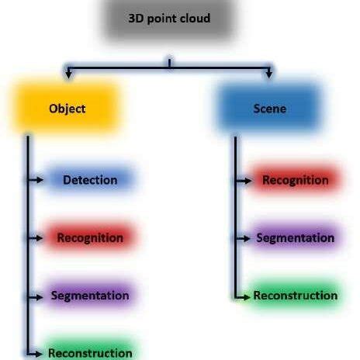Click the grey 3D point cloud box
(169, 19)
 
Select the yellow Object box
(67, 109)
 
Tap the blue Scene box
(269, 108)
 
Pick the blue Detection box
(90, 180)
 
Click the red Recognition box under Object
(90, 237)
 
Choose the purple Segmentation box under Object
(90, 296)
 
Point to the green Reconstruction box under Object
(90, 352)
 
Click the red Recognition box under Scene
(295, 180)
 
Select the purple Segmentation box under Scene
(295, 237)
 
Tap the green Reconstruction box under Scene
(295, 296)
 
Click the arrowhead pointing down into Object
(68, 75)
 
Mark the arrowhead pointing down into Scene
(269, 75)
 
